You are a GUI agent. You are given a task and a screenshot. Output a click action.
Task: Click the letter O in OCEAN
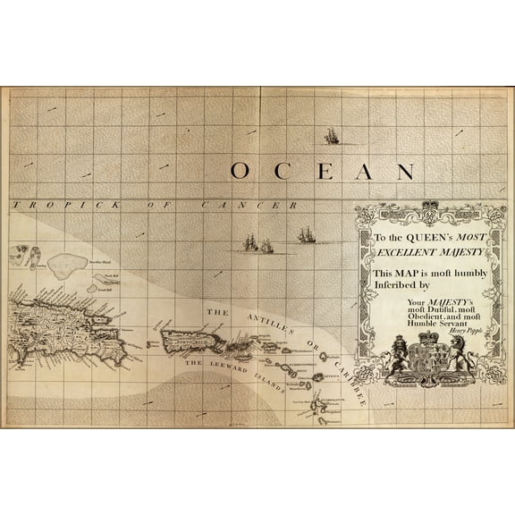[x=239, y=171]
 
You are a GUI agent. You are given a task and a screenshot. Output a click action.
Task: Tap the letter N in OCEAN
[x=405, y=171]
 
